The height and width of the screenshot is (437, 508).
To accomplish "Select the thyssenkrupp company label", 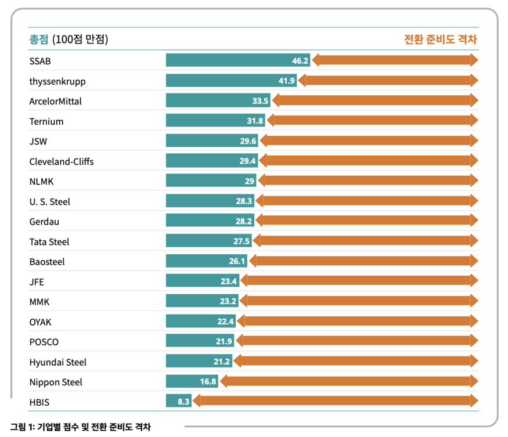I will (x=57, y=81).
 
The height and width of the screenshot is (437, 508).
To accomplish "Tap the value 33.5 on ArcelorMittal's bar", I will (x=260, y=101).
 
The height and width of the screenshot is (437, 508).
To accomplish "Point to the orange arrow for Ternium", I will (x=372, y=121).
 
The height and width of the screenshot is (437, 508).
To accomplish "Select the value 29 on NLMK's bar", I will (x=250, y=181).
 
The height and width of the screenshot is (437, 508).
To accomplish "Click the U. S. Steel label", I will (x=49, y=201).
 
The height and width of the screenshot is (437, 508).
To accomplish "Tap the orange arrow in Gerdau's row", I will (x=366, y=221).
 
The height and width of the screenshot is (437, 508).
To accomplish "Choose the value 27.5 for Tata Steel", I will (x=242, y=241).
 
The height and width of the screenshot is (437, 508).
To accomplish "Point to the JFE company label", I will (x=37, y=282).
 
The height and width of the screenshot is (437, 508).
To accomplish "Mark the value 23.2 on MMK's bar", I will (x=228, y=302).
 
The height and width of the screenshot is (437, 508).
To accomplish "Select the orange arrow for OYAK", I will (x=357, y=322).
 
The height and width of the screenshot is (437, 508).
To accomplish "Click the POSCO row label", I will (x=44, y=342).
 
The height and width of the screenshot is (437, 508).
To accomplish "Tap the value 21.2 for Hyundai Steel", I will (x=222, y=362).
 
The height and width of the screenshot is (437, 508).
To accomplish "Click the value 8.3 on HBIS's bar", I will (x=183, y=402).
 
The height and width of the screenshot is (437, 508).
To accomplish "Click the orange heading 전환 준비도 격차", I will (x=440, y=39).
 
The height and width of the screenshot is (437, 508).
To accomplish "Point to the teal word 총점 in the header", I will (x=39, y=39).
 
